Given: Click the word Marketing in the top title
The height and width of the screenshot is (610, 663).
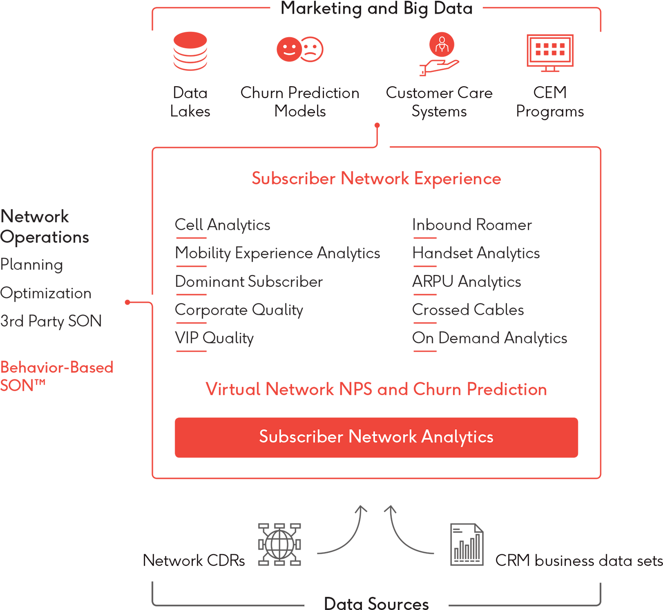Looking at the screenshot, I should pos(322,9).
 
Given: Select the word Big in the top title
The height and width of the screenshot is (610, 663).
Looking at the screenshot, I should pos(416,9).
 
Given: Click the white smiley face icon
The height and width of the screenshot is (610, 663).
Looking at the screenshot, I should pos(289,49).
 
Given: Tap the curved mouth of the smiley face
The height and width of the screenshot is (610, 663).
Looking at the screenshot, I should pos(289,53).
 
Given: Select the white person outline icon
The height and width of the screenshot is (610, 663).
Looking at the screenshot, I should pos(442,45).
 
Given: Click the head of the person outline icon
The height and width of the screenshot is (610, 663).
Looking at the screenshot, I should pos(442,40).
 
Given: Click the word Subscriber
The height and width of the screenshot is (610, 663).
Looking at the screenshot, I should pos(301,437).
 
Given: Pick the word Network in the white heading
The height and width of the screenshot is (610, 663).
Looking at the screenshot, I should pos(382,437).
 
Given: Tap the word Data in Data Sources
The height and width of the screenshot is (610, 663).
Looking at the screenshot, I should pos(343,603).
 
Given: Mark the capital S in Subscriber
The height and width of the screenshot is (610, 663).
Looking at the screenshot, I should pos(263,437).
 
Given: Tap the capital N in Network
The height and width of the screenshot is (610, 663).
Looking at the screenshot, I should pos(354,437).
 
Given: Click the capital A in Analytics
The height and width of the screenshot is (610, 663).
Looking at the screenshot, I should pos(427,437).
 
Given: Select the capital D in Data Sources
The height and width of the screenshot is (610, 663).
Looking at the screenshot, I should pos(329,603).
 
